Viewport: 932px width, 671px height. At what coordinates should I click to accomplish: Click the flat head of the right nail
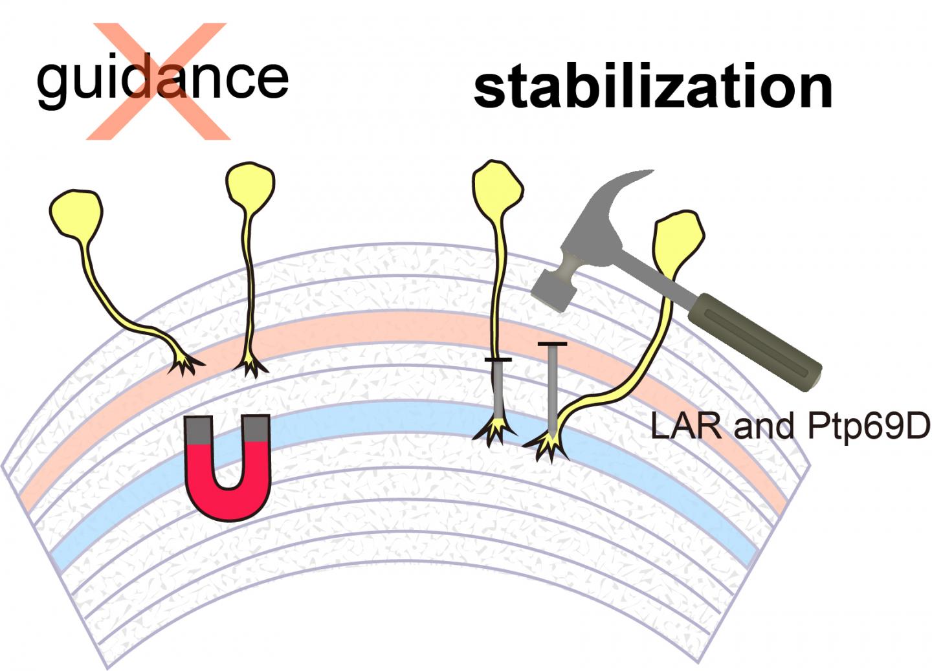552,344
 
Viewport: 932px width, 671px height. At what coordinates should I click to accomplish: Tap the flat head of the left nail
498,359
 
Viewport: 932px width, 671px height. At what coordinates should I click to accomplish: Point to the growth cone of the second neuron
249,367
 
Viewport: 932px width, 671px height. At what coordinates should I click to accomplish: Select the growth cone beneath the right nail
548,445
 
